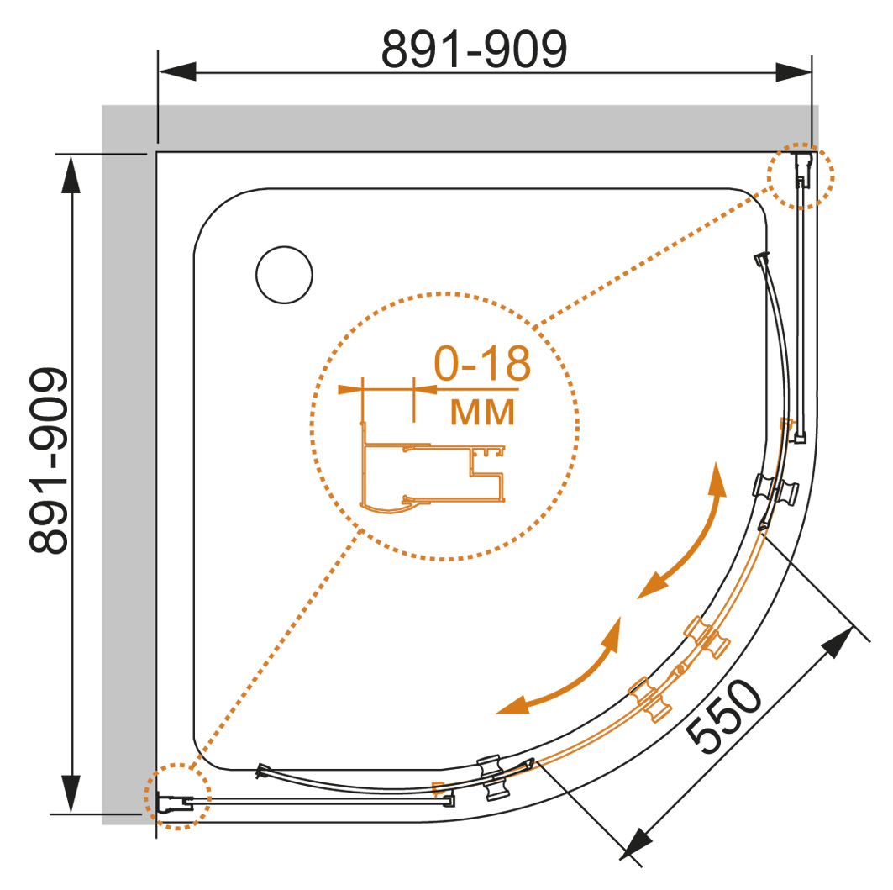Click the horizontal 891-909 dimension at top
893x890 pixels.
click(x=474, y=50)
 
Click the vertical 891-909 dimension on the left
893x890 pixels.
click(x=49, y=460)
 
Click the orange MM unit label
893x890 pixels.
click(x=482, y=412)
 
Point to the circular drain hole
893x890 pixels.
click(x=284, y=275)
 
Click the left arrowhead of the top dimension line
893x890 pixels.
click(x=177, y=71)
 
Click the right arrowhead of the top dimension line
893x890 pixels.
click(x=793, y=72)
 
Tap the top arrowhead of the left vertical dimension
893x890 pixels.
click(x=71, y=174)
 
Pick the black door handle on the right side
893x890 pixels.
click(x=775, y=488)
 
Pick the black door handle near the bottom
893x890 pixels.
click(x=490, y=777)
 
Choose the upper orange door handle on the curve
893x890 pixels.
click(x=707, y=636)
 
